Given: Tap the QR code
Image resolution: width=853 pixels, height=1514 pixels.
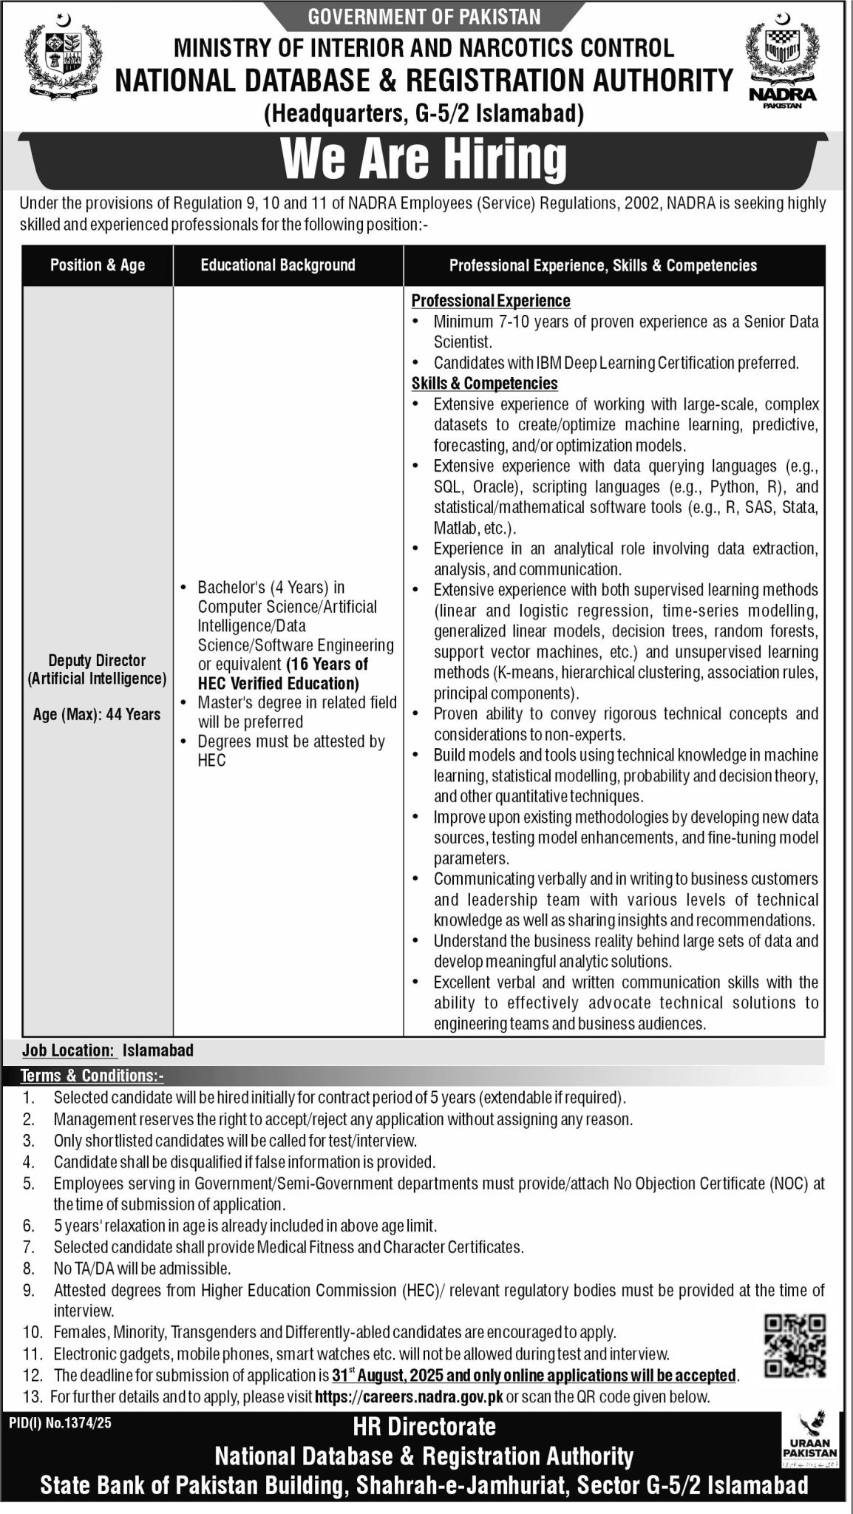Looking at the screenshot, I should [793, 1346].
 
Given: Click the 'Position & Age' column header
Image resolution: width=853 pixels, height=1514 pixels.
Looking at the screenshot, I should [98, 265].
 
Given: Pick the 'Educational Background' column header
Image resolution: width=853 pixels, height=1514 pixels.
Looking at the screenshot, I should [278, 265].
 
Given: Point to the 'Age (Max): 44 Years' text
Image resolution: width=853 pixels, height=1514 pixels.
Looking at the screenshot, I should [97, 714].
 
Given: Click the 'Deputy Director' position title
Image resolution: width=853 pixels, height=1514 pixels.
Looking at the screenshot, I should [98, 660].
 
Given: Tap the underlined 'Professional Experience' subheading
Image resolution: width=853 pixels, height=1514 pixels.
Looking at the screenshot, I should [491, 301].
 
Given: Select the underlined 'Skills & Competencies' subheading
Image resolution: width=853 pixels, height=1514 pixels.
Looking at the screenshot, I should [484, 384].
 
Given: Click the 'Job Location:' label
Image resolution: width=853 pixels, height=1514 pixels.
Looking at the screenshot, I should [69, 1050].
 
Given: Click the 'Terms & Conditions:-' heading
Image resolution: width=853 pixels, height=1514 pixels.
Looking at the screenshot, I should [92, 1076].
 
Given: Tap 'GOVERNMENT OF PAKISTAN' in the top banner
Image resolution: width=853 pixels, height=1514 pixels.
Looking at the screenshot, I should [425, 16].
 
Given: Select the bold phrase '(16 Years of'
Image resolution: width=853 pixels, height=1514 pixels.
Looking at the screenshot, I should [327, 664].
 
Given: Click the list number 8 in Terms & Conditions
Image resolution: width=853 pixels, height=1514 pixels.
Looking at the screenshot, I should [29, 1269].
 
